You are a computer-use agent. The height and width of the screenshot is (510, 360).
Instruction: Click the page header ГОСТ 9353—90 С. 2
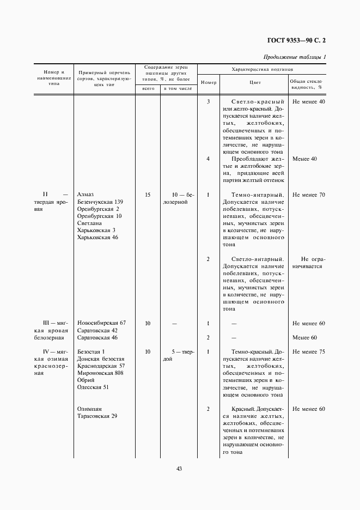(x=299, y=40)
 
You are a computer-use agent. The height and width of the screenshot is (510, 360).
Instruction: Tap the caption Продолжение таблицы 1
(x=295, y=57)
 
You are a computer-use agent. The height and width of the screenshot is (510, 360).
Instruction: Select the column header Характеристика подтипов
(x=262, y=70)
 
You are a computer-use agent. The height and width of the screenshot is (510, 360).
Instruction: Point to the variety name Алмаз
(x=86, y=195)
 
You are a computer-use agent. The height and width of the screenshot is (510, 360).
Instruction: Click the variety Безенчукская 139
(x=100, y=202)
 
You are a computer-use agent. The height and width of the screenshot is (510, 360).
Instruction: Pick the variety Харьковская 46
(x=97, y=237)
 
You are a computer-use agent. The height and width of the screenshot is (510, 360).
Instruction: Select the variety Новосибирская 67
(x=102, y=323)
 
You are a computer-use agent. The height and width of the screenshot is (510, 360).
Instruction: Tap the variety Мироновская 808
(x=100, y=373)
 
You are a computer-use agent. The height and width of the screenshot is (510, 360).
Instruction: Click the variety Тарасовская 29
(x=97, y=416)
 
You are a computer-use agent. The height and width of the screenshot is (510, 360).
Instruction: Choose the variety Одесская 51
(x=93, y=387)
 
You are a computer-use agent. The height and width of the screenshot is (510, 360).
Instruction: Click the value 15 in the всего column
(x=148, y=195)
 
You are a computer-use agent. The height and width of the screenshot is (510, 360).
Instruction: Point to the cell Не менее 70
(x=308, y=195)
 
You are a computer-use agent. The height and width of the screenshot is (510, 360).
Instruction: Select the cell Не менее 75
(x=308, y=351)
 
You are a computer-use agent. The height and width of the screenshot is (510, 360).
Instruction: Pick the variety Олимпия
(x=90, y=409)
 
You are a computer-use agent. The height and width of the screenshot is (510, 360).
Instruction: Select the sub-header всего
(x=148, y=88)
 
